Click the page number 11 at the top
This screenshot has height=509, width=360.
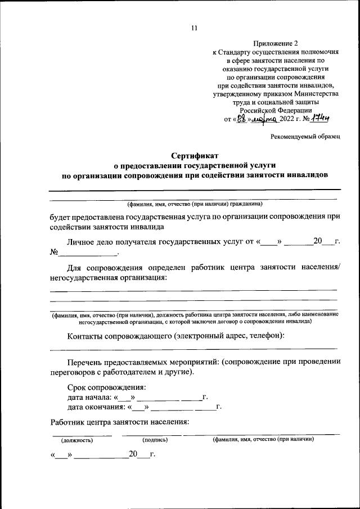click(x=195, y=29)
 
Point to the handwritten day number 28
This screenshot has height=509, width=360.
click(x=240, y=119)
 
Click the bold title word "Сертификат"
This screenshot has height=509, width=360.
click(x=194, y=155)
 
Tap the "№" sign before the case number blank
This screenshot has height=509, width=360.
click(x=54, y=252)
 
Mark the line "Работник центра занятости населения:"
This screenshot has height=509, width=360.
click(x=119, y=422)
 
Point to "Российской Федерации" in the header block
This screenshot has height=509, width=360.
click(x=275, y=111)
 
